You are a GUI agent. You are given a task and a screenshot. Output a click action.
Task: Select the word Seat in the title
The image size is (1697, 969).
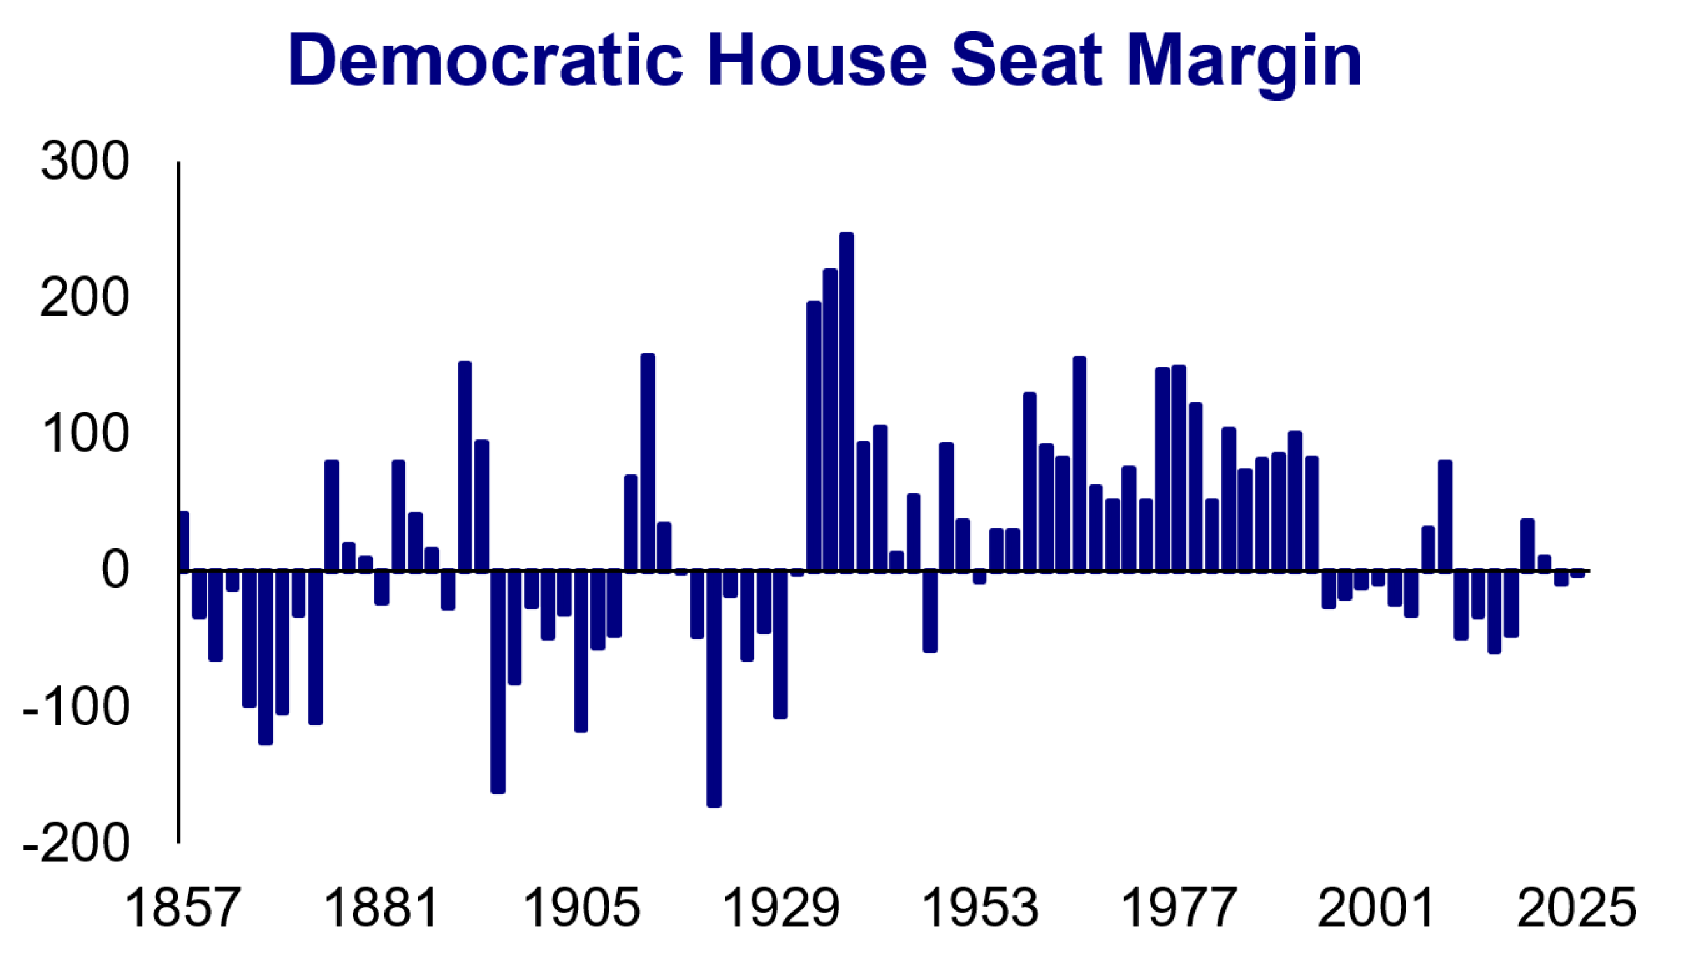(x=1026, y=61)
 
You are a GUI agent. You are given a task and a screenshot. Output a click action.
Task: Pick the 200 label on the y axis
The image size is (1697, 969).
(x=85, y=299)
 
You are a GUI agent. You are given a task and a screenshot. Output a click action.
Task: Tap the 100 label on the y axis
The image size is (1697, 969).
(x=85, y=435)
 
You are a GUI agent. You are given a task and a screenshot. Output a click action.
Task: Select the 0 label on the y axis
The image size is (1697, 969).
(x=115, y=572)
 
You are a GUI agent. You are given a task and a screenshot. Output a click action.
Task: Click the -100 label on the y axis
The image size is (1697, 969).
(x=76, y=708)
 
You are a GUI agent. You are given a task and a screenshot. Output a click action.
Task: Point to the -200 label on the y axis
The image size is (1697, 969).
(x=76, y=845)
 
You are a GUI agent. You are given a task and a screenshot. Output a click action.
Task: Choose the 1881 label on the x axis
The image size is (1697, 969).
(x=381, y=908)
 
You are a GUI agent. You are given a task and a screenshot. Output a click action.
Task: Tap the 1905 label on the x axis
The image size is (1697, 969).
(x=581, y=908)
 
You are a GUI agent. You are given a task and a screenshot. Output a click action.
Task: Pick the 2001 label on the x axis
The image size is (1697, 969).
(x=1376, y=908)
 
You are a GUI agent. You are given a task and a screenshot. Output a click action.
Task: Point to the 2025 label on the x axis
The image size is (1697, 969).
(x=1576, y=908)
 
